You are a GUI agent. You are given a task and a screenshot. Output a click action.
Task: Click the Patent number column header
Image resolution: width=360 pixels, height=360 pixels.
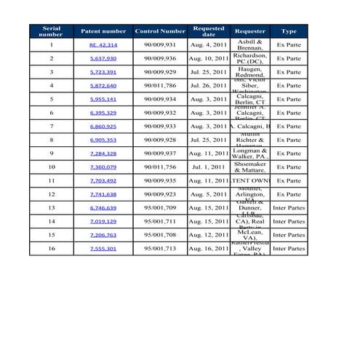point(103,31)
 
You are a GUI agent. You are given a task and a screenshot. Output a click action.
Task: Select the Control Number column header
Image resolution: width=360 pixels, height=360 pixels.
point(160,31)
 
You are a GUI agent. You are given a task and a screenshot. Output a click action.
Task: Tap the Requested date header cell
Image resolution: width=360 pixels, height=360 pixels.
point(209,31)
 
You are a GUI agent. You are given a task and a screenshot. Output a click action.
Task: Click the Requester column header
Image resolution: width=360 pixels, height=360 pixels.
point(250,31)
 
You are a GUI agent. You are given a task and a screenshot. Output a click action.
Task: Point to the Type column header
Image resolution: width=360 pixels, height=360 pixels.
point(289,31)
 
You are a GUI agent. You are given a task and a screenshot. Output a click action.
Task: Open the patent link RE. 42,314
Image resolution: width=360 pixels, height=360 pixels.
point(103,45)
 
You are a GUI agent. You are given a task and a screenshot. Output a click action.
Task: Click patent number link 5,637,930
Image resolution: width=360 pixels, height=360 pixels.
point(103,58)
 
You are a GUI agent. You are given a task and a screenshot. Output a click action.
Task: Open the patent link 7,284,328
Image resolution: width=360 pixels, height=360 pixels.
point(103,153)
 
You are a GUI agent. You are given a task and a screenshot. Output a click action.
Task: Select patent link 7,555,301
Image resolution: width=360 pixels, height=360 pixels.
point(103,249)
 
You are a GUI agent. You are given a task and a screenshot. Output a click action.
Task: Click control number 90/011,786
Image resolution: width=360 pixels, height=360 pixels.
point(160,86)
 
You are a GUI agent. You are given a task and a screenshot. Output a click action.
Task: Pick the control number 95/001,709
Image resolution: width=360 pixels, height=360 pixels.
point(160,208)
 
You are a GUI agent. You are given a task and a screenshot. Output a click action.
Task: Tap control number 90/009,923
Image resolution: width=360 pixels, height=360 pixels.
point(160,194)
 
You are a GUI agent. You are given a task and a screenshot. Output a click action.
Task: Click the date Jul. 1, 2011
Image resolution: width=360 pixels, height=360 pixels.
point(209,167)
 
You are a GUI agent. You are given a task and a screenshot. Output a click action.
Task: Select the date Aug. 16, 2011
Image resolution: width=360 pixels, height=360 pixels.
point(209,249)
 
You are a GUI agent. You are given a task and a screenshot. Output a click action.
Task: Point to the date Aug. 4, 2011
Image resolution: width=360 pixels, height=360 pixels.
point(209,45)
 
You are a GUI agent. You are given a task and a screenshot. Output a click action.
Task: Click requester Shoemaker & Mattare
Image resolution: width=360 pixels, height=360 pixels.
point(250,167)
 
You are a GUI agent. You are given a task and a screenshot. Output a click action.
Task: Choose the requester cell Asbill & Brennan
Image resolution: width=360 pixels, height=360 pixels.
point(250,45)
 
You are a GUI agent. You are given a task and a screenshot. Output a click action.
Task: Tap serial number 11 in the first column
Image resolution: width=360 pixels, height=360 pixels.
point(52,180)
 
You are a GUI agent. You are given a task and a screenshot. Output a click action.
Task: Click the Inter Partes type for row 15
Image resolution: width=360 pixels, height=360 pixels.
point(289,235)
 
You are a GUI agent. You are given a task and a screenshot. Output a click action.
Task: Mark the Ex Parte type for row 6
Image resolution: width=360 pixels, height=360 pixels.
point(289,113)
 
